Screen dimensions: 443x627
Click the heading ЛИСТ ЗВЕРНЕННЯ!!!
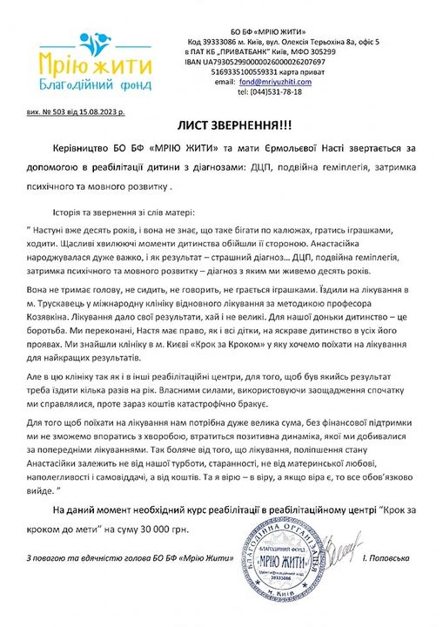coord(221,124)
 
